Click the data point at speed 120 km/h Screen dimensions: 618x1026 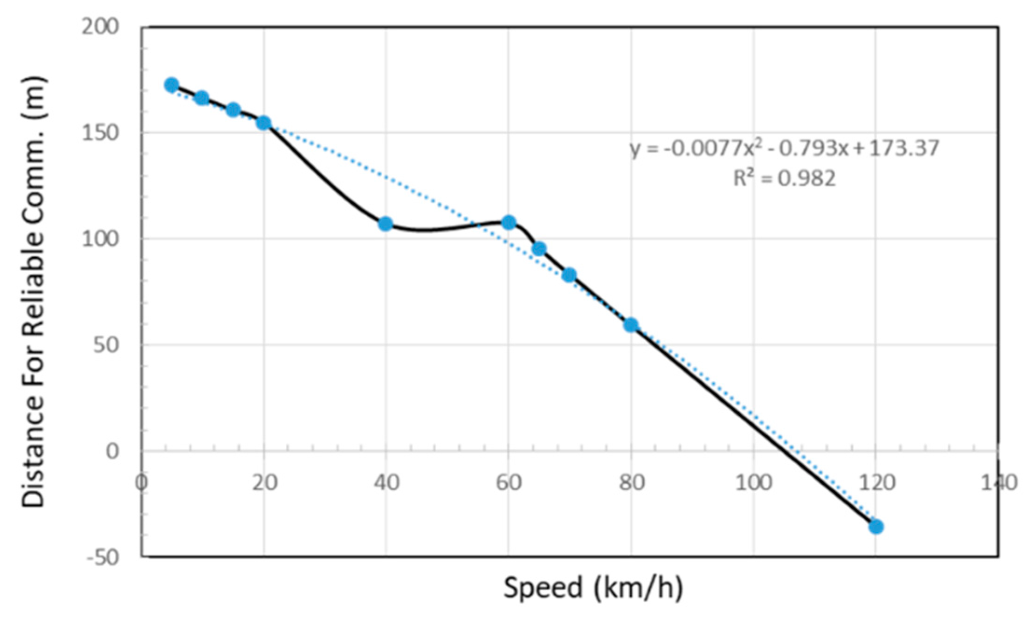click(876, 527)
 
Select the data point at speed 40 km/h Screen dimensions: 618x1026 click(386, 224)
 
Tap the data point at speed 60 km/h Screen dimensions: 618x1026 click(509, 222)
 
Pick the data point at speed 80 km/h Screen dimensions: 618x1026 click(631, 324)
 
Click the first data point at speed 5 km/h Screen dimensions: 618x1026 click(172, 85)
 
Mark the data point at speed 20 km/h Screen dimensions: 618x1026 click(264, 123)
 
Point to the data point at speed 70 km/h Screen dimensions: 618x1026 click(569, 275)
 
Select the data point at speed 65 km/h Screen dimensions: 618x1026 click(539, 248)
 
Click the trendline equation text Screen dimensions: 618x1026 click(784, 149)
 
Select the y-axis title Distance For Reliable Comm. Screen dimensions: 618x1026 click(34, 291)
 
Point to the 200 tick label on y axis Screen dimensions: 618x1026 click(100, 27)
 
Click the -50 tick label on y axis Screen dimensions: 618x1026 click(103, 557)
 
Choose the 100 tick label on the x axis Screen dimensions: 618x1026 click(753, 483)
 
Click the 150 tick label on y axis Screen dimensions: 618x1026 click(100, 133)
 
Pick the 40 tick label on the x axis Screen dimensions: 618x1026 click(386, 483)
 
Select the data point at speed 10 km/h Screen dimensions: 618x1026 click(202, 97)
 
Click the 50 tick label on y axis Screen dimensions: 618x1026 click(106, 345)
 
